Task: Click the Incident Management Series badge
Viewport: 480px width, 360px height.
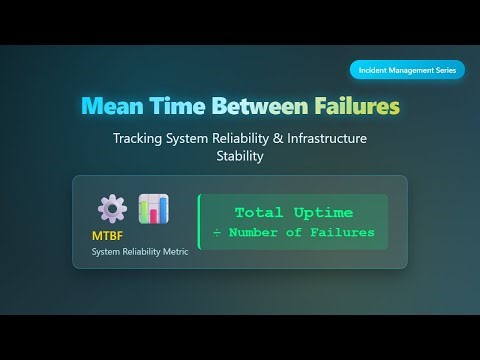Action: (406, 70)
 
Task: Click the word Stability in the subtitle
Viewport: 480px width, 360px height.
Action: (240, 157)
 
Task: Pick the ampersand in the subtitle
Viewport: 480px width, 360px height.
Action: (274, 139)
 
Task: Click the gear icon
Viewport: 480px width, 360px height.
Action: (111, 209)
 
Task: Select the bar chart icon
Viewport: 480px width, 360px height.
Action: (153, 209)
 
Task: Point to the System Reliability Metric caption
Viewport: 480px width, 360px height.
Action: (139, 251)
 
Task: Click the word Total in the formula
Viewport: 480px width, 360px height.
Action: (261, 213)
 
